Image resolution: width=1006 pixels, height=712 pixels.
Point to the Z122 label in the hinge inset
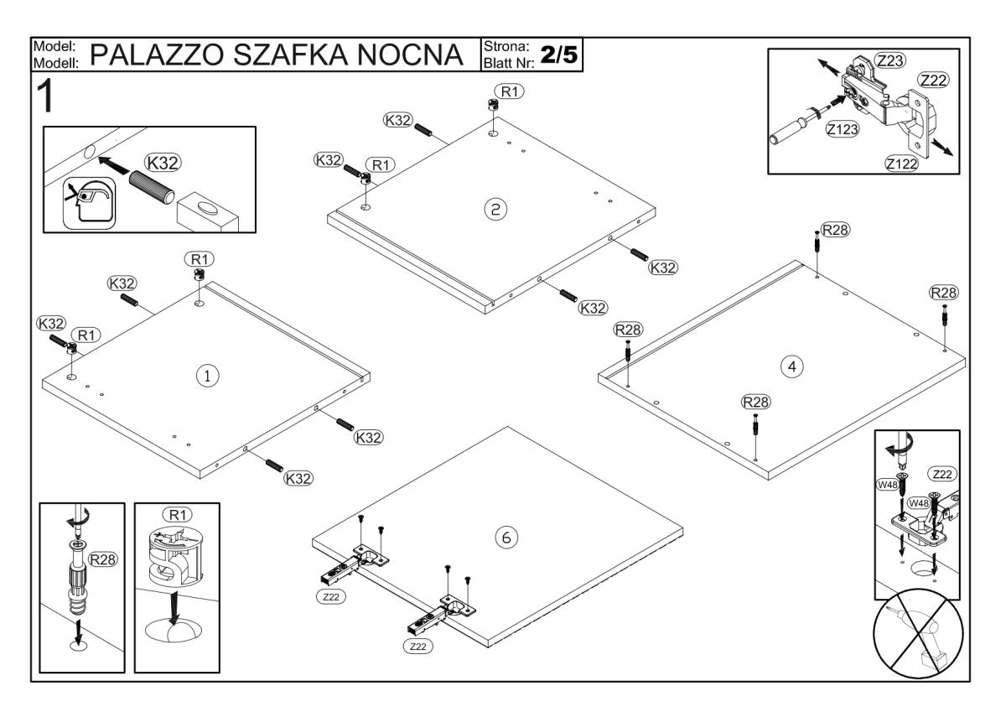coord(900,164)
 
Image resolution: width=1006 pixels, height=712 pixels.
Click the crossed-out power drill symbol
coord(917,640)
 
